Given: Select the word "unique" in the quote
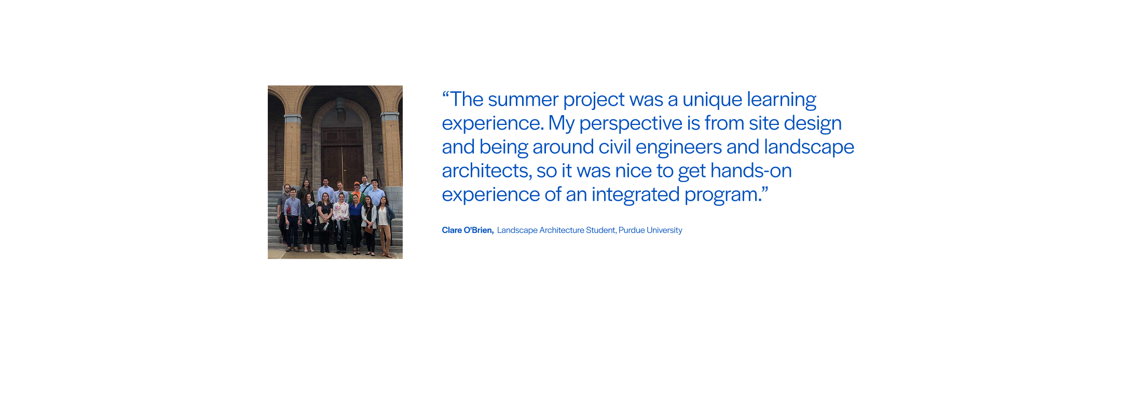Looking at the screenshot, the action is pyautogui.click(x=713, y=100).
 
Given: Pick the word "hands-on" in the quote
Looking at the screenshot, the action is pyautogui.click(x=751, y=171).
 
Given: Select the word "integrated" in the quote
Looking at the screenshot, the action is pyautogui.click(x=635, y=195).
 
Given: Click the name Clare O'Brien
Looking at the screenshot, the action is pyautogui.click(x=467, y=230).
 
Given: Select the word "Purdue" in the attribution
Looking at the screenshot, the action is pyautogui.click(x=631, y=230).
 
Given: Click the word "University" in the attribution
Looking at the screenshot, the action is pyautogui.click(x=664, y=230).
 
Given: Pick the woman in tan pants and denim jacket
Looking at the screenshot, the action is pyautogui.click(x=384, y=226).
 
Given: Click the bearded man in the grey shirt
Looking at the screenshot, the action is pyautogui.click(x=284, y=213).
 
